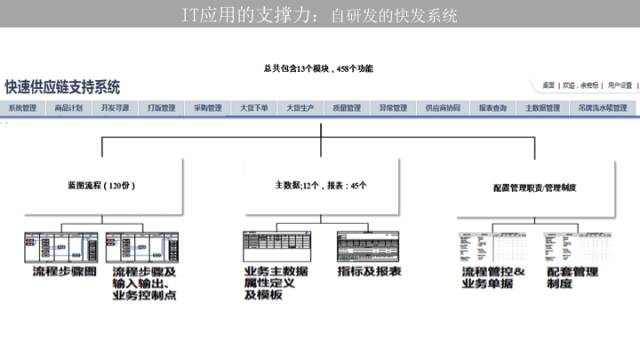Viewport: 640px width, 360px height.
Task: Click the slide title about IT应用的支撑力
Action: coord(321,15)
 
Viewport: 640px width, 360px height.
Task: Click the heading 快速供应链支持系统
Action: coord(62,87)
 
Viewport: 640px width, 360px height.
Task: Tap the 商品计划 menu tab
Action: coord(69,107)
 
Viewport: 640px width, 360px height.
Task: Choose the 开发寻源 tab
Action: coord(115,107)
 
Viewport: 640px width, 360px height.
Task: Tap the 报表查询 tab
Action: coord(492,107)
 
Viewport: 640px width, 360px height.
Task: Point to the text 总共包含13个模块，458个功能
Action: coord(319,68)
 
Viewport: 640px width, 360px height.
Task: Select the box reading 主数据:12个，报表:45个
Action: coord(320,185)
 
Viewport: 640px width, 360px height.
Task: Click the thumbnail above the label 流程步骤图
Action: coord(61,246)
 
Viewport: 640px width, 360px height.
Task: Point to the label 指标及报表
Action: coord(369,271)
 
